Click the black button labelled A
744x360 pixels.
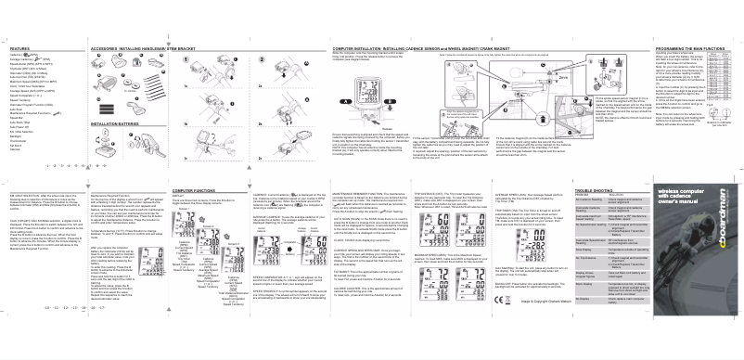pyautogui.click(x=345, y=101)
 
